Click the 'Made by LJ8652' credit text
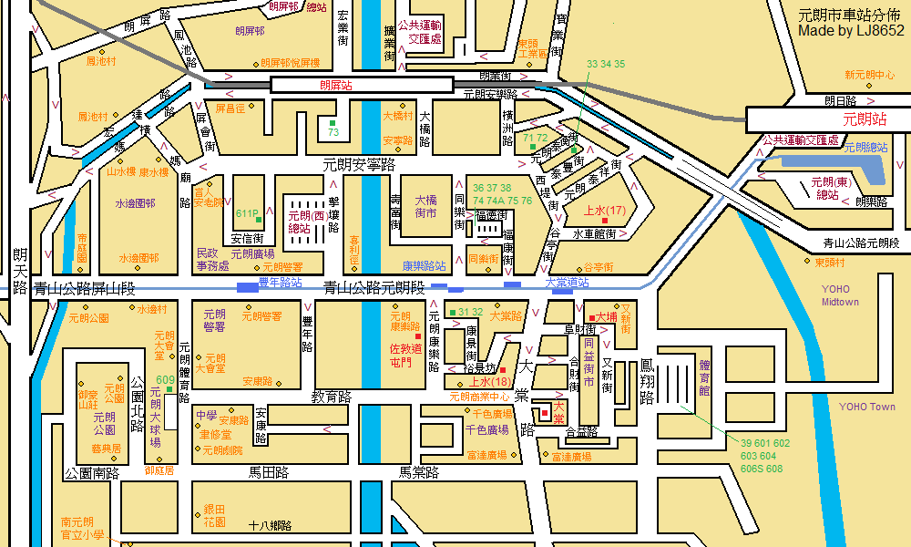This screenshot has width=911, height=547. pyautogui.click(x=851, y=31)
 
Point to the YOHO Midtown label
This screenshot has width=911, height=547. pyautogui.click(x=840, y=295)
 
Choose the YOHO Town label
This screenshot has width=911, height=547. pyautogui.click(x=866, y=407)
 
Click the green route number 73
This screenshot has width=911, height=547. pyautogui.click(x=333, y=132)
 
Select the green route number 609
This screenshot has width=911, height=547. pyautogui.click(x=165, y=380)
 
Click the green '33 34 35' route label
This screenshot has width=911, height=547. pyautogui.click(x=606, y=64)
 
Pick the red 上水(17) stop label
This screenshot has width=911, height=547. pyautogui.click(x=604, y=211)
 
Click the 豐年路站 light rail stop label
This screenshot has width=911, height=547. pyautogui.click(x=280, y=283)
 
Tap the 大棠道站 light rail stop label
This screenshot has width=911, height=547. pyautogui.click(x=567, y=283)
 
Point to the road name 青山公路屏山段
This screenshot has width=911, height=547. pyautogui.click(x=84, y=288)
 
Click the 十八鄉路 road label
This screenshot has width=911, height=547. pyautogui.click(x=270, y=525)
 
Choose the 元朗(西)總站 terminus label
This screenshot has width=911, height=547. pyautogui.click(x=306, y=222)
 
